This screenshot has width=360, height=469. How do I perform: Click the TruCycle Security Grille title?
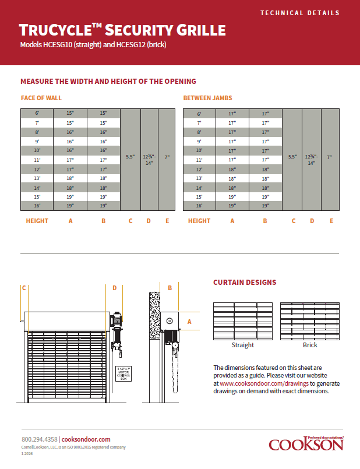(122, 30)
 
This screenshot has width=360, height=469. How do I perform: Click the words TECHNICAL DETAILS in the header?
(299, 12)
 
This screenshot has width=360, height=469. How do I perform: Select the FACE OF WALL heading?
(41, 98)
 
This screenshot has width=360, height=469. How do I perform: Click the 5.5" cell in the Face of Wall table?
(130, 157)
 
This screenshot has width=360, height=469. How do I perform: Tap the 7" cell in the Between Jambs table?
(329, 157)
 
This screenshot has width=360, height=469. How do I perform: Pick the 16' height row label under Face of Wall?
(37, 206)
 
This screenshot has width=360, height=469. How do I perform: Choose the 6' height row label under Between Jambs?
(199, 114)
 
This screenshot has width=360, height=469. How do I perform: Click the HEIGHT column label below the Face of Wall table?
(37, 221)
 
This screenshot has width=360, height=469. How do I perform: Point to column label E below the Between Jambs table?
(331, 221)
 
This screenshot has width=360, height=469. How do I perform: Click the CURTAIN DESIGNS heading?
(245, 283)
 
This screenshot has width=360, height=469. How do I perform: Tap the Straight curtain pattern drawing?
(242, 320)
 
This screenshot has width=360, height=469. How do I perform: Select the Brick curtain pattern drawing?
(310, 320)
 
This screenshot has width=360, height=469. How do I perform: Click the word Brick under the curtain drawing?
(310, 345)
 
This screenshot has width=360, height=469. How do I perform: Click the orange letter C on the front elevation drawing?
(24, 287)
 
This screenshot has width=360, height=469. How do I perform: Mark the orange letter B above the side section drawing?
(170, 287)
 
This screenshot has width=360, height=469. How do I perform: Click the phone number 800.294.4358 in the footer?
(40, 439)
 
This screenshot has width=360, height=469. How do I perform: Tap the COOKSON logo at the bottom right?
(306, 445)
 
